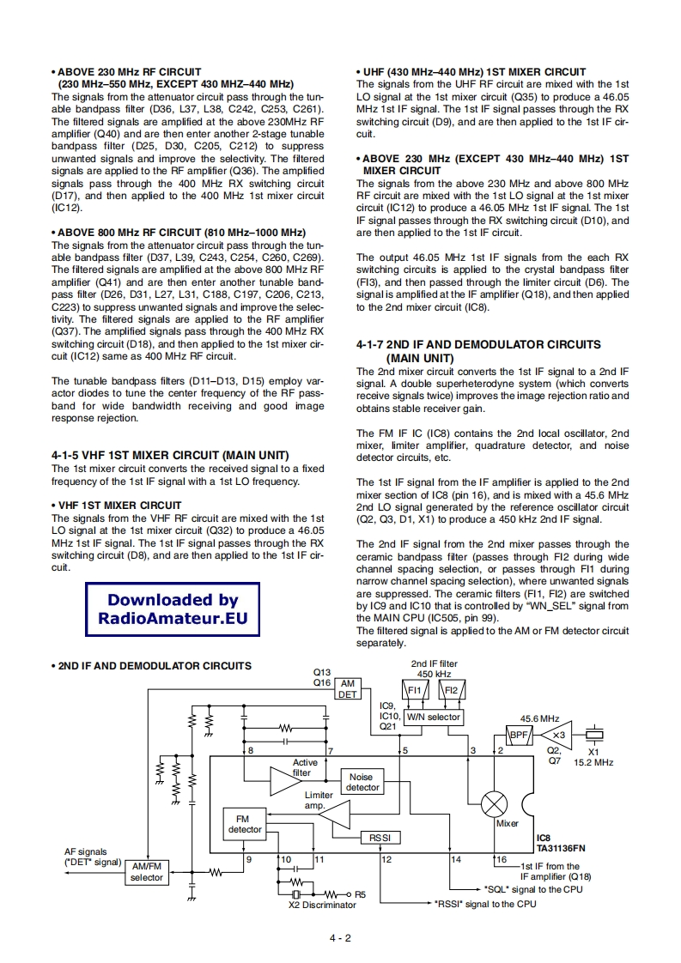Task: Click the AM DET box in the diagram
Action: pos(347,687)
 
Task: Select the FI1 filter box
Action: pos(413,690)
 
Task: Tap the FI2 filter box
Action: pos(453,690)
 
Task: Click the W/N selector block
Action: pos(432,717)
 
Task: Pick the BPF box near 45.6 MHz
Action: pos(519,735)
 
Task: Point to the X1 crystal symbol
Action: pos(593,735)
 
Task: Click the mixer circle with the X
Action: pos(494,803)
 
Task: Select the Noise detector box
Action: pos(362,781)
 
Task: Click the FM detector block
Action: pos(244,824)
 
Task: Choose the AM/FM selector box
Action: pos(146,872)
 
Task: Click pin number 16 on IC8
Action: pos(502,859)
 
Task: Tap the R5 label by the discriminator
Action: pos(360,893)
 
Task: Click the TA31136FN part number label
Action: pos(563,846)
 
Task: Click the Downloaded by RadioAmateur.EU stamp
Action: pos(173,609)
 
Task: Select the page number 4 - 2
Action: pos(340,938)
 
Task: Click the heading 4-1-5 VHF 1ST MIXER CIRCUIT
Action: pos(170,455)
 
